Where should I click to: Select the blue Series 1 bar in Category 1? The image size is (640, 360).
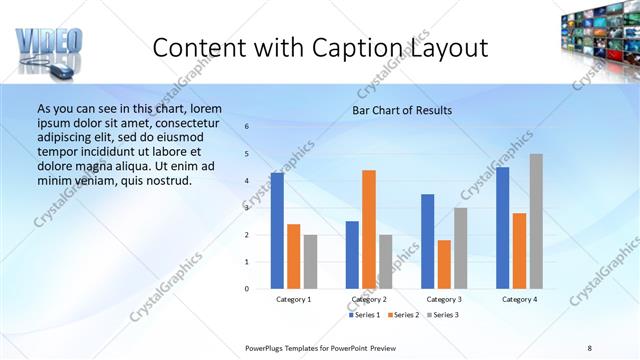[277, 231]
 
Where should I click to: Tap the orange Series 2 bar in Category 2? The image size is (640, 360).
[369, 229]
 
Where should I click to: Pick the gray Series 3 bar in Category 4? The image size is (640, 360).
[536, 221]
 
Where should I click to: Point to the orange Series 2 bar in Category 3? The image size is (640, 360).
[444, 264]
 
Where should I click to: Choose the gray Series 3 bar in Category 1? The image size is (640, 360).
[310, 261]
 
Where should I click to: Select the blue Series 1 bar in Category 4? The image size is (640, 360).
[503, 228]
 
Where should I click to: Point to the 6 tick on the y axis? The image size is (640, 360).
[247, 127]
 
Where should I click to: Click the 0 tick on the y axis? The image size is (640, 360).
[247, 289]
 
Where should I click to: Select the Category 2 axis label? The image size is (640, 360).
[369, 299]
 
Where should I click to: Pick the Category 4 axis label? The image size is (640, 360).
[519, 299]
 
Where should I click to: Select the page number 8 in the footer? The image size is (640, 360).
[590, 347]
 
